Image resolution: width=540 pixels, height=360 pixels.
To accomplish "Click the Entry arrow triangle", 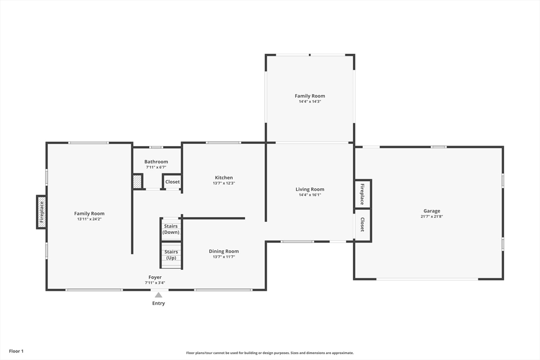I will (x=159, y=295).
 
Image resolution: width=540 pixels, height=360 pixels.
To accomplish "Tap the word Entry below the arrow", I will (x=159, y=303).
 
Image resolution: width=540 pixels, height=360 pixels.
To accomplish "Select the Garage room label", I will (x=431, y=211).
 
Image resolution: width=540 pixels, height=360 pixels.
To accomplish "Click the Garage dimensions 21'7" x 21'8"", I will (x=431, y=217).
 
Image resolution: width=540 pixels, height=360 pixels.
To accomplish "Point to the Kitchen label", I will (x=224, y=178).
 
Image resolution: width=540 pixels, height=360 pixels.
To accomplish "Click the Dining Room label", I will (x=224, y=251).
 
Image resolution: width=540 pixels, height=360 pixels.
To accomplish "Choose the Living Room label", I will (x=310, y=189).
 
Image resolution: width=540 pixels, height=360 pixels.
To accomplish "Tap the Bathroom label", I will (x=156, y=162).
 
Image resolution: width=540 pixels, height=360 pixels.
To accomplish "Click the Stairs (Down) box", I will (x=171, y=229).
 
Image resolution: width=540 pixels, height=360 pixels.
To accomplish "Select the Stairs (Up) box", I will (x=171, y=255).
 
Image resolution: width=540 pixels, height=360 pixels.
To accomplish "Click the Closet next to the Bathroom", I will (x=172, y=182).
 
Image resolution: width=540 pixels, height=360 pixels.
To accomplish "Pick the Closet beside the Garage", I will (x=362, y=225).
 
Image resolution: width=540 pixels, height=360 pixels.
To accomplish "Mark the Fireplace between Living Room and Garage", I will (x=362, y=194).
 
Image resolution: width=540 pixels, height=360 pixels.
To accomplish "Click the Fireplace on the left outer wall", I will (x=42, y=212).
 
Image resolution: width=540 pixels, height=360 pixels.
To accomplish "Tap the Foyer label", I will (x=155, y=277).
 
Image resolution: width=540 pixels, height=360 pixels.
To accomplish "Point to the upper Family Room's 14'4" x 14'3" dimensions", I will (x=310, y=102).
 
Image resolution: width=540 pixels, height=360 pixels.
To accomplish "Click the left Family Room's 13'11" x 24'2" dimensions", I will (x=89, y=219).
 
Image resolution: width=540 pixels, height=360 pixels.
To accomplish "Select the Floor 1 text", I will (x=16, y=351).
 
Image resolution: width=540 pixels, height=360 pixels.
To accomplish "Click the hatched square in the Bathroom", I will (x=138, y=182).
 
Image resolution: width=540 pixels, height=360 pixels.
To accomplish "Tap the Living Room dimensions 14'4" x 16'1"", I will (x=310, y=195).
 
